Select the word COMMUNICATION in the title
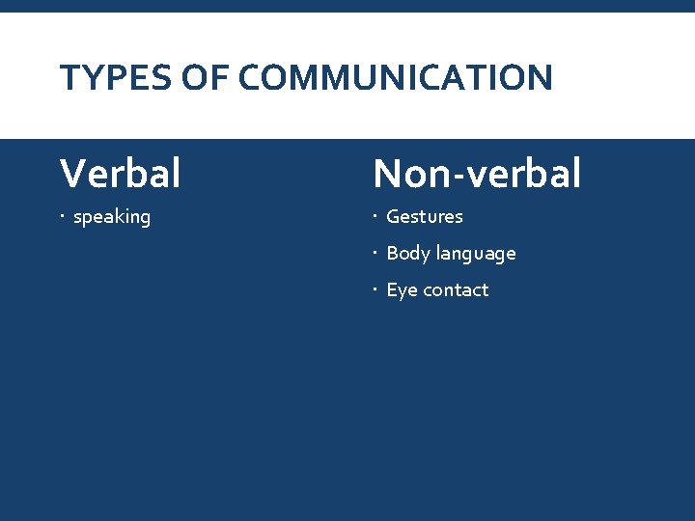396,77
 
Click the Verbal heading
120,174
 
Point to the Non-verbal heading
477,174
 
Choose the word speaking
112,217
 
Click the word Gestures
425,216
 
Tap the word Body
408,253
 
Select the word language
476,254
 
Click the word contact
456,289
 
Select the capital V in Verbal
72,174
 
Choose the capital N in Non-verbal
389,174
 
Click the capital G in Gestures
394,216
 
